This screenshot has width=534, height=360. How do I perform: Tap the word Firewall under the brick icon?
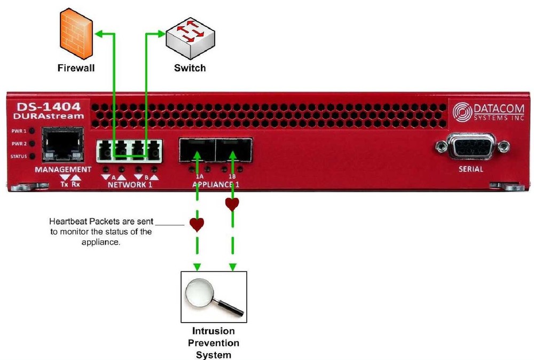pos(76,68)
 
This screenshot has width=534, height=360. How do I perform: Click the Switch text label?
pos(190,68)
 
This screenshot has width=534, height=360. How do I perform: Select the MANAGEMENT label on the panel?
pos(59,169)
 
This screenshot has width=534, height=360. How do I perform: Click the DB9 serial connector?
pos(466,147)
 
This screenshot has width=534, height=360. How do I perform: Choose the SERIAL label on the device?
pos(470,169)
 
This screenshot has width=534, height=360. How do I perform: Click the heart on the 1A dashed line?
pos(197,225)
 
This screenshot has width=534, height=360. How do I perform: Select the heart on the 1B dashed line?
pos(232,204)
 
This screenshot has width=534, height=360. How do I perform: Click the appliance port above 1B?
pos(233,149)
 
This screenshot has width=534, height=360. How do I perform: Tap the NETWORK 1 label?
pos(130,184)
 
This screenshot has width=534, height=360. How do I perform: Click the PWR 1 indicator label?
pos(20,131)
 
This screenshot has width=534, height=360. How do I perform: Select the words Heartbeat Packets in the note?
pos(80,221)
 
